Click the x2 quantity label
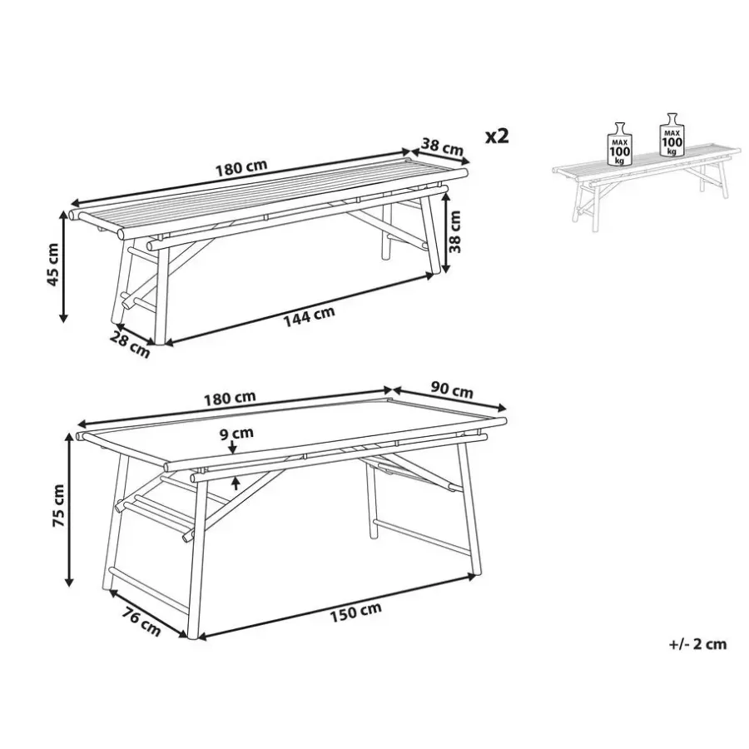point(497,136)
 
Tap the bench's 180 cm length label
point(241,168)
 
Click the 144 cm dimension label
point(310,317)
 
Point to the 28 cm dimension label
point(130,344)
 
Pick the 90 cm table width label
point(451,390)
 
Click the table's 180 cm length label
point(231,398)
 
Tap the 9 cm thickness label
point(237,434)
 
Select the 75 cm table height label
point(58,505)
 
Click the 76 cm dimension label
point(141,621)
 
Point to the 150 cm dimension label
point(356,612)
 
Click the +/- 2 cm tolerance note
point(698,644)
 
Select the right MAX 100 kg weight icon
point(672,135)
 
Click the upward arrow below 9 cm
point(236,483)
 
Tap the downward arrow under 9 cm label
point(233,447)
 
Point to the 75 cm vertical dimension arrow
point(70,511)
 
